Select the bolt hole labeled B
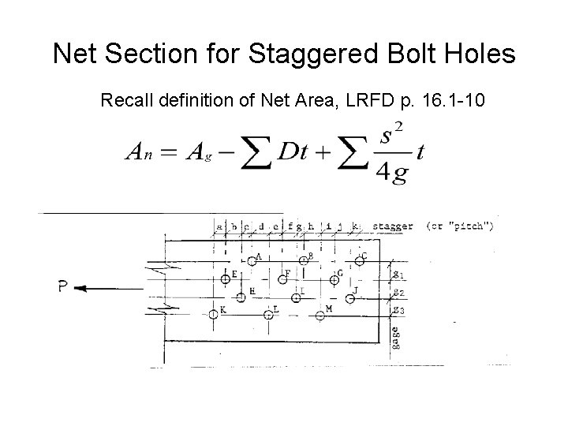pos(303,260)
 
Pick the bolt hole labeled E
pos(226,278)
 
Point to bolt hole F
pos(282,278)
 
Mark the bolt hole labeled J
pos(350,297)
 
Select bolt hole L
pos(268,315)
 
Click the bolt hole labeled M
pos(319,316)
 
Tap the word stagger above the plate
pos(392,227)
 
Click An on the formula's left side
pos(137,154)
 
